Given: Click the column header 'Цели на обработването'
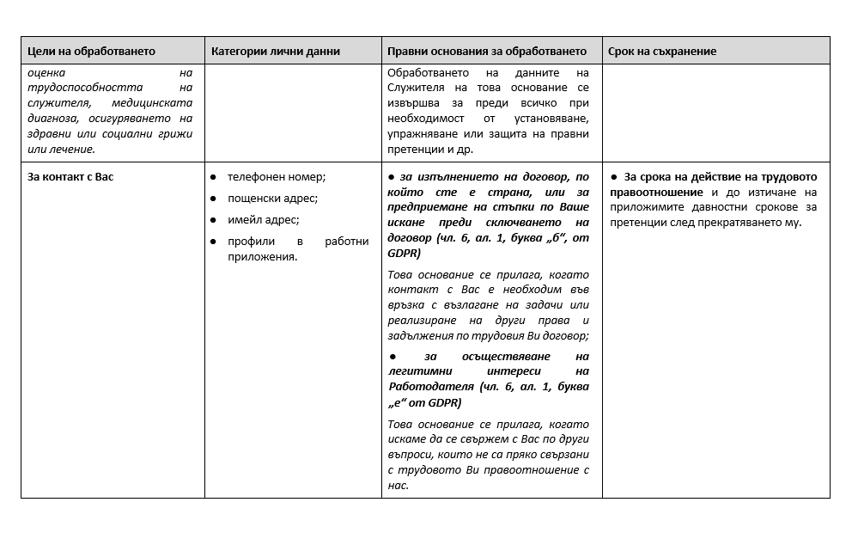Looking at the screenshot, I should point(92,52).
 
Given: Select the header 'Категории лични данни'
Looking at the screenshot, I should point(276,52).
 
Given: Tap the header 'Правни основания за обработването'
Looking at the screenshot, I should point(487,52).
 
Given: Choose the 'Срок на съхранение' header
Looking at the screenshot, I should point(662,52).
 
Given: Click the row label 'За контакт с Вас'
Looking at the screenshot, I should point(70,176).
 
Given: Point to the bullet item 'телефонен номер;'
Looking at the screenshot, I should point(277,176).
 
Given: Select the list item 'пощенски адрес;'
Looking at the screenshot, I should point(272,198).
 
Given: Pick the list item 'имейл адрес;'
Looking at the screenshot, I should point(263,219).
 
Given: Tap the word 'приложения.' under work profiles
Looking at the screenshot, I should point(262,256).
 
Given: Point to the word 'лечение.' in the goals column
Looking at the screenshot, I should point(73,149).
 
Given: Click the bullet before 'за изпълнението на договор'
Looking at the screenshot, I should point(392,176).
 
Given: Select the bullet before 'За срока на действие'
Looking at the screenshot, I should point(614,176).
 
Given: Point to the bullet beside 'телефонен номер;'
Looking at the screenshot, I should point(213,176).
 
